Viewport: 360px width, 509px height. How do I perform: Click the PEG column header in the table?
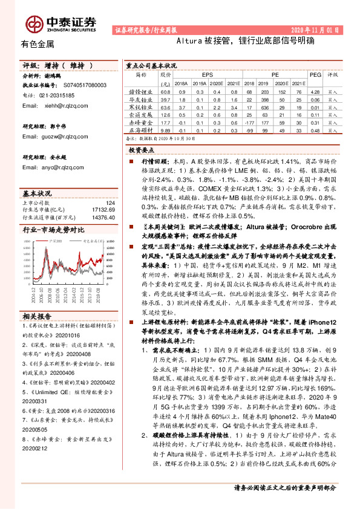click(x=314, y=74)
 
